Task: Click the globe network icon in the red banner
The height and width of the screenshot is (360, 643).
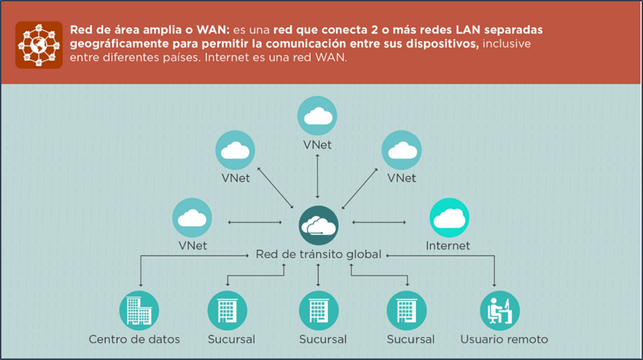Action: pos(39,45)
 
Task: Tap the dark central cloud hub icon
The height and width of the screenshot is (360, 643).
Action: pos(318,224)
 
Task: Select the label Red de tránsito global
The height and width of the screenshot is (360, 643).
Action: pos(318,255)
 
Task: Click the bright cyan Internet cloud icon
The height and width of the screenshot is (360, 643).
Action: pos(449,218)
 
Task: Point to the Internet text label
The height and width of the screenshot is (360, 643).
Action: pos(448,245)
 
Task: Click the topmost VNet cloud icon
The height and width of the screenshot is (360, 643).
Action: pos(318,115)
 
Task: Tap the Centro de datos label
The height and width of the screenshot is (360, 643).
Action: pos(134,339)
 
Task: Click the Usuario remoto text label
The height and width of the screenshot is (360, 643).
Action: pos(503,339)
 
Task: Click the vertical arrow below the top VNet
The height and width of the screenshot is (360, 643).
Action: pos(318,176)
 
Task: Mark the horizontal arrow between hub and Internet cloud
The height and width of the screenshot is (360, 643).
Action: pos(378,222)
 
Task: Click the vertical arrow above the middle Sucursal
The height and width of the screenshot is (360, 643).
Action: pos(318,275)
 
